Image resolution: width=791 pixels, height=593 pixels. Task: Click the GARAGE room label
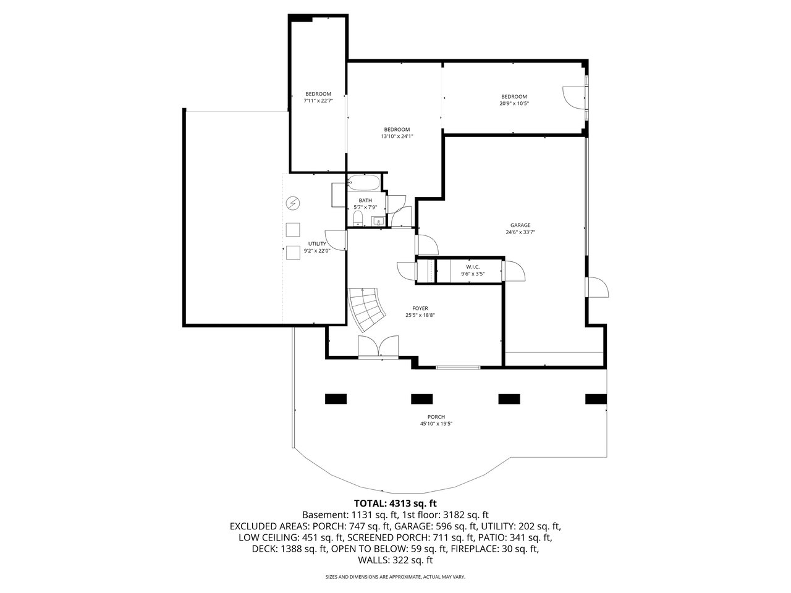pyautogui.click(x=520, y=225)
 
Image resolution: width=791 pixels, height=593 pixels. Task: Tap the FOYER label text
pyautogui.click(x=420, y=308)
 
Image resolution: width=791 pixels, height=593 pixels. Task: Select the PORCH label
pyautogui.click(x=436, y=417)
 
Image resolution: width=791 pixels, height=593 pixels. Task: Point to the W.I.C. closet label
pyautogui.click(x=473, y=267)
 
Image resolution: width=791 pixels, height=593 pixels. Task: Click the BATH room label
pyautogui.click(x=365, y=201)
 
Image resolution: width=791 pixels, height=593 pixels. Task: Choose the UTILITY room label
pyautogui.click(x=317, y=244)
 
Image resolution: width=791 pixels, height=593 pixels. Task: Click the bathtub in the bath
pyautogui.click(x=363, y=183)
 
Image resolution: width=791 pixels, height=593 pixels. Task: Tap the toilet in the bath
pyautogui.click(x=357, y=219)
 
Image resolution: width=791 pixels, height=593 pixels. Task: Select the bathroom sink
pyautogui.click(x=378, y=221)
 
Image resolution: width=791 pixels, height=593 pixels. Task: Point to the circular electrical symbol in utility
pyautogui.click(x=293, y=203)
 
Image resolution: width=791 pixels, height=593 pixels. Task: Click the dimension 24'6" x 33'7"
pyautogui.click(x=520, y=232)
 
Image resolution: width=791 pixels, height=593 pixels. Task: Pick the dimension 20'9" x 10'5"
pyautogui.click(x=514, y=103)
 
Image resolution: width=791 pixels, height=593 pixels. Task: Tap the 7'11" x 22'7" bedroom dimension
pyautogui.click(x=318, y=101)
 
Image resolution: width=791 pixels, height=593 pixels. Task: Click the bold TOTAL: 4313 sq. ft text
pyautogui.click(x=395, y=503)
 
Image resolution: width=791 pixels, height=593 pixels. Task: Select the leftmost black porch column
pyautogui.click(x=336, y=399)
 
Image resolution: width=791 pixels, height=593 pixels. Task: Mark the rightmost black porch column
pyautogui.click(x=596, y=399)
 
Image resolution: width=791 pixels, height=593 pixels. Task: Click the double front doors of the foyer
pyautogui.click(x=378, y=347)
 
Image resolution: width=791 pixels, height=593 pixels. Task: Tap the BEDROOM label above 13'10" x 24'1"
pyautogui.click(x=397, y=129)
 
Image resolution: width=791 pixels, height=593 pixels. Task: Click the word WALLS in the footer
pyautogui.click(x=372, y=560)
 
